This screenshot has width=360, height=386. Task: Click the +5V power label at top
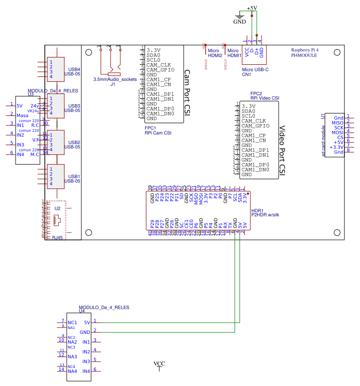(252, 8)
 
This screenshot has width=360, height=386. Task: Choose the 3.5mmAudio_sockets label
(115, 79)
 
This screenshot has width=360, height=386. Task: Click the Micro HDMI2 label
(215, 53)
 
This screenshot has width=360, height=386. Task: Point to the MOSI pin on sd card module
(338, 132)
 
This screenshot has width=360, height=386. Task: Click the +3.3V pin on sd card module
(337, 147)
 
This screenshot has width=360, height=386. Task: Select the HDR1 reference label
(257, 210)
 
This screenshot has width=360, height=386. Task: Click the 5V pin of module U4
(87, 322)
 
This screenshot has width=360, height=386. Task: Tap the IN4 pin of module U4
(86, 371)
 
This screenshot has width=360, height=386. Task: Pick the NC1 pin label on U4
(72, 322)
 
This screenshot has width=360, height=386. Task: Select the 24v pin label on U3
(35, 106)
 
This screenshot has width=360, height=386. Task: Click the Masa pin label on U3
(22, 115)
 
